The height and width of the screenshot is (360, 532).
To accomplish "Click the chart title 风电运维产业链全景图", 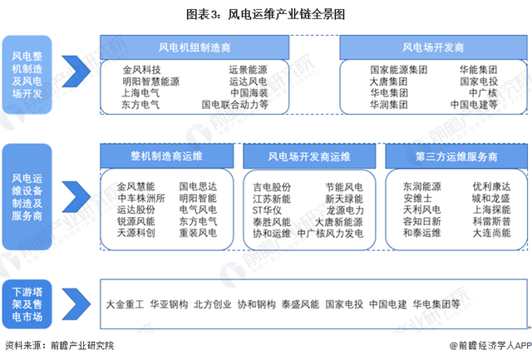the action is [286, 15].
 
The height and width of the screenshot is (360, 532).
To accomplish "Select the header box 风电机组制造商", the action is [195, 47].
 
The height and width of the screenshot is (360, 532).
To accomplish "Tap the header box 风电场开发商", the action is [433, 47].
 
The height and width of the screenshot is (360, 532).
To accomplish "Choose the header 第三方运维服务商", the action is [456, 156].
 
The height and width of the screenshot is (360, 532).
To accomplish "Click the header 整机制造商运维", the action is [166, 156].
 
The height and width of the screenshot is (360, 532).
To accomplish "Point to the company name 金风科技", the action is [141, 70].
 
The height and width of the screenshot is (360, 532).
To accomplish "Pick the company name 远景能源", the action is [248, 70].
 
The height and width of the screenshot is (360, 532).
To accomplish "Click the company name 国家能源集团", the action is [399, 70].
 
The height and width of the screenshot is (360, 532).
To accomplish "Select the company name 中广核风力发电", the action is [330, 234].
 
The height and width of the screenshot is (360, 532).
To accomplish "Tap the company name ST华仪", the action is [267, 210].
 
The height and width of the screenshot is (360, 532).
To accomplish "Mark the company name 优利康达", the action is [491, 186].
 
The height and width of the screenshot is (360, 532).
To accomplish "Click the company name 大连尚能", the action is [491, 233].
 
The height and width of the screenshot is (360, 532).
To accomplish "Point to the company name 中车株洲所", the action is [141, 198].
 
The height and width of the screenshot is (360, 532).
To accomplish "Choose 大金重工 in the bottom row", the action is [126, 304].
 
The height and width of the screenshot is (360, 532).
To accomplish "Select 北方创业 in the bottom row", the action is [213, 304].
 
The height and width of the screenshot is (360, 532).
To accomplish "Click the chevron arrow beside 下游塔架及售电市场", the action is [76, 304].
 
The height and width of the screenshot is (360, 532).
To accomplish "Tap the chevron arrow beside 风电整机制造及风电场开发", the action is [76, 72].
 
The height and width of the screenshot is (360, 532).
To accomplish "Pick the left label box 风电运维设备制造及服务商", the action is [27, 197].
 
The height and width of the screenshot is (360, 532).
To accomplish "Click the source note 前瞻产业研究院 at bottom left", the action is [82, 346].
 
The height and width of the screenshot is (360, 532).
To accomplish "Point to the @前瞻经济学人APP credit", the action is [490, 346].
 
